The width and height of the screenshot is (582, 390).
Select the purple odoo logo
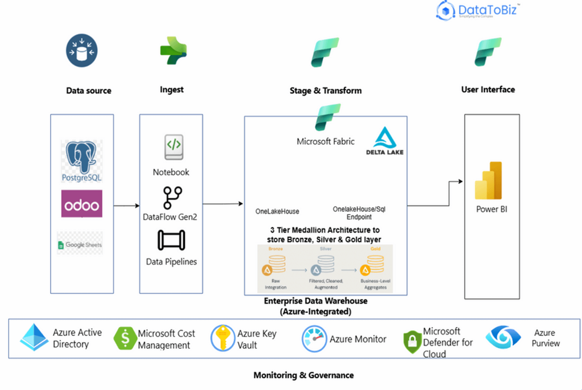[82, 204]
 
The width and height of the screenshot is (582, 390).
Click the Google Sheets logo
[80, 244]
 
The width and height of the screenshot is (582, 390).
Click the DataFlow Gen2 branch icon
[172, 198]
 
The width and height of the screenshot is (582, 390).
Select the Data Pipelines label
[171, 262]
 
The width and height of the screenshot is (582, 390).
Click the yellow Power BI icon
[489, 181]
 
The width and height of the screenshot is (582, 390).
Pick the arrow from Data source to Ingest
[127, 205]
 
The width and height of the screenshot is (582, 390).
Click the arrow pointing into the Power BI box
[458, 181]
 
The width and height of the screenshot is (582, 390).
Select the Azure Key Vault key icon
[223, 339]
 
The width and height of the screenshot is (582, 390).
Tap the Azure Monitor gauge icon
[314, 339]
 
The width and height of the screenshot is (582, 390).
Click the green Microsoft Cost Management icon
[124, 339]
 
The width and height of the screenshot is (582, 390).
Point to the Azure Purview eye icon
[503, 337]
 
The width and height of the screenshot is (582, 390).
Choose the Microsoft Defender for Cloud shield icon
[412, 342]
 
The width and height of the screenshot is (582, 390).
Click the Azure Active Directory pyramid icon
[34, 338]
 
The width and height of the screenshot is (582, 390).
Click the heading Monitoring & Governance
[303, 375]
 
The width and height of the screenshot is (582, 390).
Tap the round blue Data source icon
[82, 51]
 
